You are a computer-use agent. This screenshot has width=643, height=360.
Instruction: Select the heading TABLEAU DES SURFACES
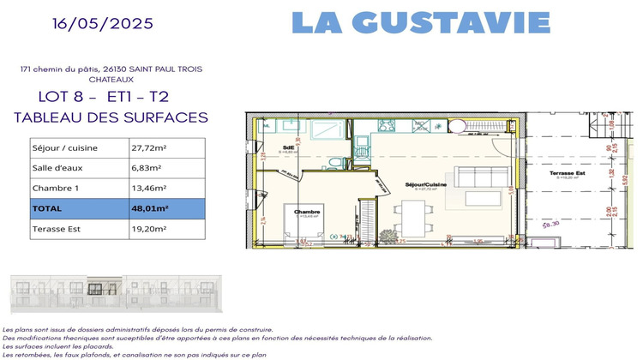(111, 117)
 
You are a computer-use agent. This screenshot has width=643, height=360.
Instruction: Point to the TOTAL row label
(48, 208)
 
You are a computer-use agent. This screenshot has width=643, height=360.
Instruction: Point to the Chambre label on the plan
(307, 212)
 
